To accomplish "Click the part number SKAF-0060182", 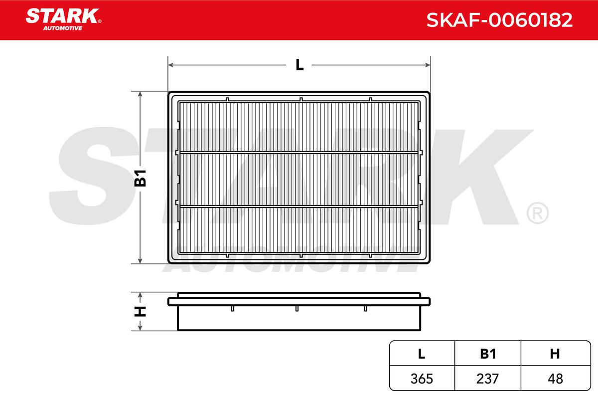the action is coord(499,20).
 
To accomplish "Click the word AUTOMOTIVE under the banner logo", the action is coord(62,28).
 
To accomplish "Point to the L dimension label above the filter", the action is coord(299,65).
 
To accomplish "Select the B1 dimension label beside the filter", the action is coord(140,178).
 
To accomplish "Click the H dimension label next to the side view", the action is coord(140,312).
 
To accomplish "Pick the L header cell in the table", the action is coord(421,354).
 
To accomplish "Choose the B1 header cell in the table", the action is coord(488,354).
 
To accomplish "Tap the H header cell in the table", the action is coord(555,354).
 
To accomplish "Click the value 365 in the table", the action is coord(422,379).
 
